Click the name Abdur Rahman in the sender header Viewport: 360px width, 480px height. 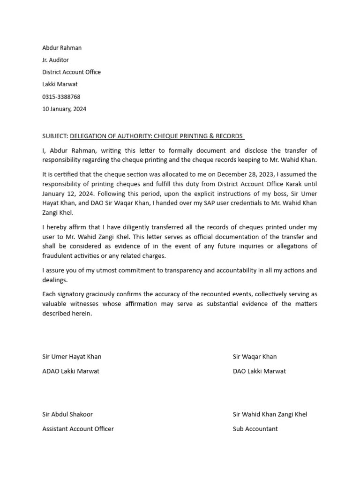pyautogui.click(x=62, y=48)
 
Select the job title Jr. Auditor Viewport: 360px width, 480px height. pyautogui.click(x=55, y=60)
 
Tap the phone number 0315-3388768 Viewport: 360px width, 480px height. pyautogui.click(x=61, y=97)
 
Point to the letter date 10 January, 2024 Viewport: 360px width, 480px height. pyautogui.click(x=64, y=109)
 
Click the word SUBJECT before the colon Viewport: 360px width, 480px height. pyautogui.click(x=54, y=136)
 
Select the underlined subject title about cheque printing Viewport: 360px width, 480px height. pyautogui.click(x=157, y=136)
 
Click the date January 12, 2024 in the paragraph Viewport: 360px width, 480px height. pyautogui.click(x=62, y=194)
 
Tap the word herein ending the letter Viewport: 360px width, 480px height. pyautogui.click(x=82, y=314)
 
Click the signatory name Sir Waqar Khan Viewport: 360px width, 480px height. pyautogui.click(x=255, y=356)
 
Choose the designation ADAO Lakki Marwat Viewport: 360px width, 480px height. pyautogui.click(x=71, y=371)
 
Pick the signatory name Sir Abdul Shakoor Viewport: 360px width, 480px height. pyautogui.click(x=67, y=414)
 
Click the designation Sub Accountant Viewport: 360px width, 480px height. pyautogui.click(x=255, y=428)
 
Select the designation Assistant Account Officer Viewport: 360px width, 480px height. pyautogui.click(x=78, y=428)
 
